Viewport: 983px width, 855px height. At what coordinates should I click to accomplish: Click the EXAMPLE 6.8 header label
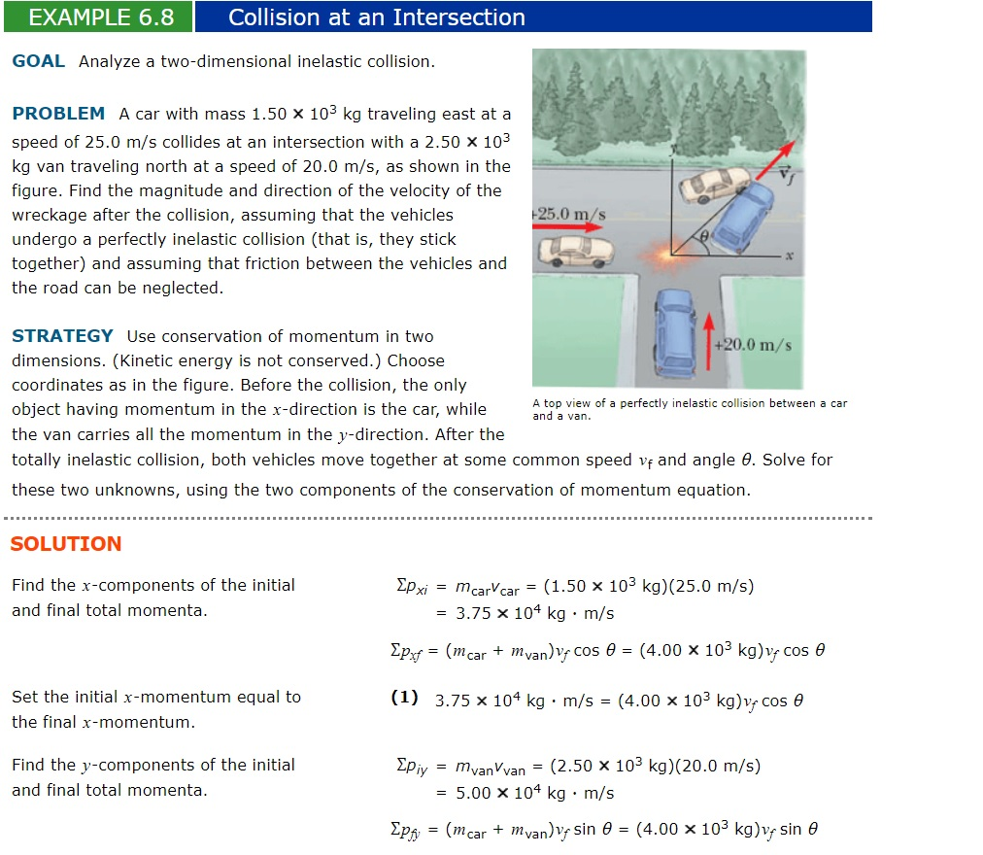101,17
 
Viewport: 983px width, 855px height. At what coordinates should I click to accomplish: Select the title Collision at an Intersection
376,17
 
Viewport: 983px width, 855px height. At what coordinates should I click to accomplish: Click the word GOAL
39,61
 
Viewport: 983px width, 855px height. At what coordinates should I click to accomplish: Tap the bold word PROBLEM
58,114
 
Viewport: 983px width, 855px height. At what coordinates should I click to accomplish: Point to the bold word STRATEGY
62,336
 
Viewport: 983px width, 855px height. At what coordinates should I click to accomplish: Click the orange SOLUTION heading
66,544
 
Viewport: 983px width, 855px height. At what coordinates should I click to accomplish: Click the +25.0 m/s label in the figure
570,213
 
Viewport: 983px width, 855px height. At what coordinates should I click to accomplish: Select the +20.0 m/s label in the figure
753,345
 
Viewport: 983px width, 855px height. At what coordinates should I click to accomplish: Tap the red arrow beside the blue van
709,341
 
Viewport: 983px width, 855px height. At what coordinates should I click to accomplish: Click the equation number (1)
404,699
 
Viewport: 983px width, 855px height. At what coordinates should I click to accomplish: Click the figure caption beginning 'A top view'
689,409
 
